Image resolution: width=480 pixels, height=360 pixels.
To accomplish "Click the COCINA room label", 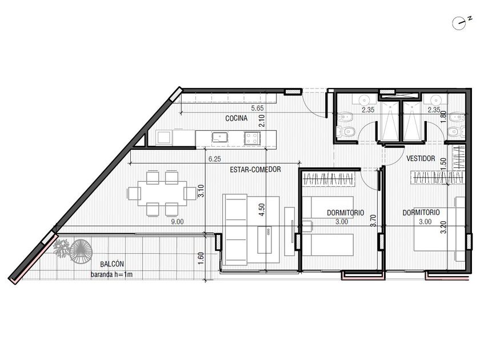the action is click(x=237, y=118).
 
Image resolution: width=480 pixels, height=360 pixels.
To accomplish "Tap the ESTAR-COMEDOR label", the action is click(x=255, y=169).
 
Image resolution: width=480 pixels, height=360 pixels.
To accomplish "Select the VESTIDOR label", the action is click(x=421, y=158).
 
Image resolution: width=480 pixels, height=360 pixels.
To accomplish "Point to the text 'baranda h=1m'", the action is click(x=112, y=275).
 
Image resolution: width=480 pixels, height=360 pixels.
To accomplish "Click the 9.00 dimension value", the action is click(x=177, y=222).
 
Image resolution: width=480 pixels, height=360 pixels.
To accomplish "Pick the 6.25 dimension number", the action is click(x=215, y=159).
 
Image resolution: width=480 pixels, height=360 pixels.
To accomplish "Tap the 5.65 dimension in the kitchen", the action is click(x=257, y=108).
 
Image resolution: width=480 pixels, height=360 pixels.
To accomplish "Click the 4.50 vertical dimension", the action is click(x=262, y=210).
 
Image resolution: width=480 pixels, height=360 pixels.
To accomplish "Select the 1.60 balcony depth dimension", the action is click(x=201, y=259).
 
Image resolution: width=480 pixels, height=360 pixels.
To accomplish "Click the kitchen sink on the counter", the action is click(x=220, y=138).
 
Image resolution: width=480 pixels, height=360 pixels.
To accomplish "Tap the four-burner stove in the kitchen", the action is click(x=252, y=138).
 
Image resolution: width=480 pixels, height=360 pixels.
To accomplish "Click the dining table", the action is click(x=162, y=194).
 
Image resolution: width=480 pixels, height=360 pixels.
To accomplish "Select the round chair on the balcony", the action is click(x=81, y=251).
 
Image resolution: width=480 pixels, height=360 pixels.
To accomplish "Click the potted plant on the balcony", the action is click(x=62, y=248).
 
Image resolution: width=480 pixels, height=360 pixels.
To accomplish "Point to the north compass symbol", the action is click(x=459, y=23).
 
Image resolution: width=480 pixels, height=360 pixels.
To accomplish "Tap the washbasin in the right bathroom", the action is click(x=435, y=99).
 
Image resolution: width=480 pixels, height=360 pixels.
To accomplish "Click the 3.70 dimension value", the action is click(x=373, y=221).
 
